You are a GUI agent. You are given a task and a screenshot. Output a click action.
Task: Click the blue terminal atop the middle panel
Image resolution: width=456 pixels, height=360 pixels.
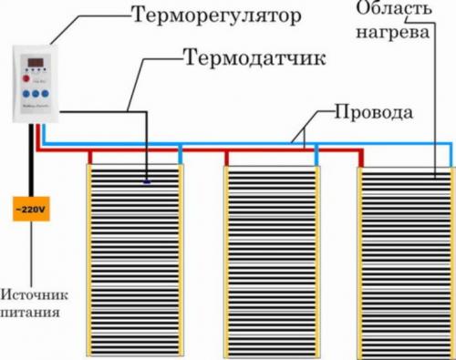click(x=316, y=156)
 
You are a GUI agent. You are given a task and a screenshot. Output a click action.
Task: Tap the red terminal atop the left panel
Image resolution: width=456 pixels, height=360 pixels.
click(x=90, y=156)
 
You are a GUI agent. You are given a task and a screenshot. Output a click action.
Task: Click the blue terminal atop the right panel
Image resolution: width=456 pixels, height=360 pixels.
click(x=452, y=156)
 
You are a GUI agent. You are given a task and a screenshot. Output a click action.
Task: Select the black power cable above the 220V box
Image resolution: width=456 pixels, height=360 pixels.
click(x=31, y=164)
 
